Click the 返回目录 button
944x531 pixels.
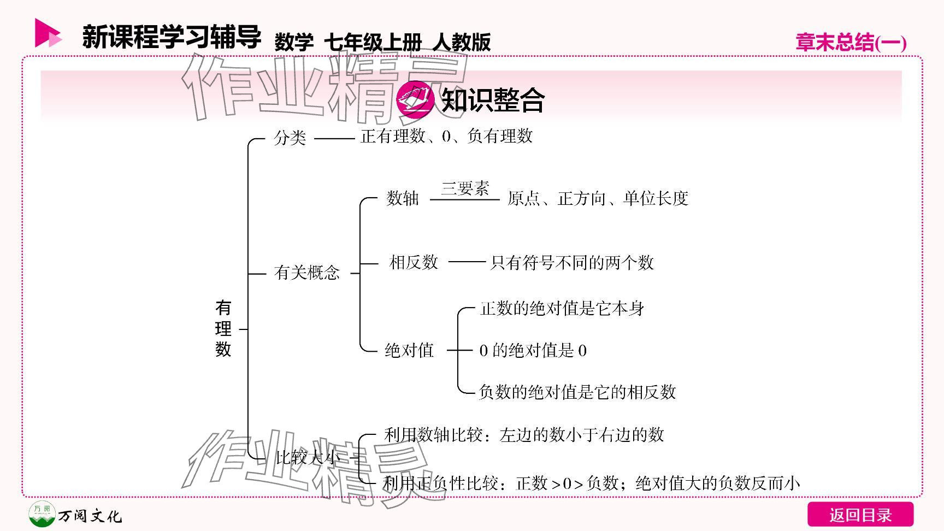[x=860, y=515]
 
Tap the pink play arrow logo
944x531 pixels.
[x=48, y=33]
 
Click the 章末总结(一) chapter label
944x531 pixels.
[x=851, y=43]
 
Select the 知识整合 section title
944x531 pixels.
[x=493, y=100]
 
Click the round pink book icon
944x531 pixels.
[x=415, y=99]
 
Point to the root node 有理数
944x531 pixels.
[x=223, y=329]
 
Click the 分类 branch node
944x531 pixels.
[x=290, y=138]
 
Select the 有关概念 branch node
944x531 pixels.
[x=307, y=273]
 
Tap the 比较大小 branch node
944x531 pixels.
[x=308, y=457]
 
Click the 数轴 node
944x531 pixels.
[x=403, y=198]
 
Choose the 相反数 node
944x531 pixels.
[x=414, y=263]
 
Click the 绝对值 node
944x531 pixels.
[x=409, y=350]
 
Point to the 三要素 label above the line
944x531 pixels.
[x=465, y=188]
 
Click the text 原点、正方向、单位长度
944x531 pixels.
[x=598, y=198]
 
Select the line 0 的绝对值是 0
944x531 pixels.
[x=533, y=350]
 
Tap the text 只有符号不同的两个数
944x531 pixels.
[x=572, y=263]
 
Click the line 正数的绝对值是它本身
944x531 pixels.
[x=562, y=309]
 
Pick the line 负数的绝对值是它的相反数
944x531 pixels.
[x=577, y=392]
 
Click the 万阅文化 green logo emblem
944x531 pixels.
[x=42, y=514]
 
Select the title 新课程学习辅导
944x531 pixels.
[x=172, y=37]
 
